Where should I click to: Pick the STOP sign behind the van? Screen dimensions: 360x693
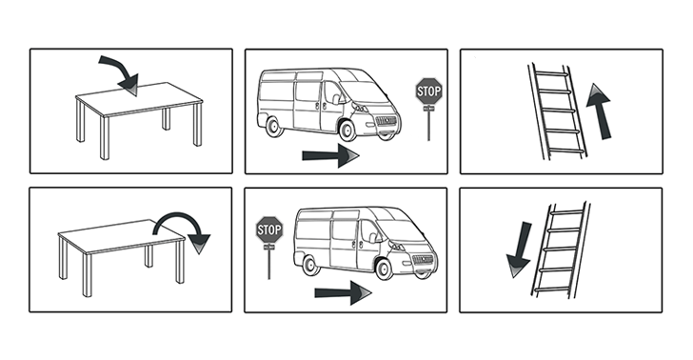(x=269, y=229)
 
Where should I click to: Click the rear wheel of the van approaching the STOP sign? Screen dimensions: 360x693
(x=273, y=123)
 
